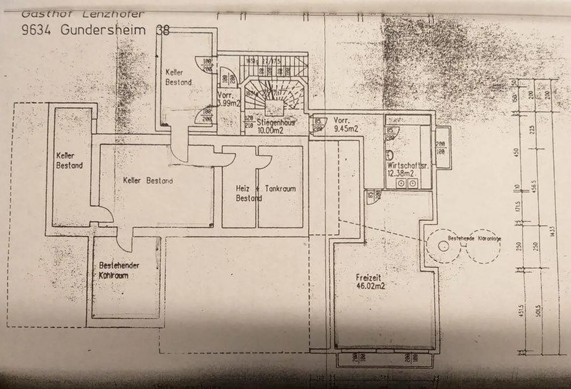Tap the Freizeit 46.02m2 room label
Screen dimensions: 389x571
tap(370, 282)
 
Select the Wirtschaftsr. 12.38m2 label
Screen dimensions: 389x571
tap(407, 170)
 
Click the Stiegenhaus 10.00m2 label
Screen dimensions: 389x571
tap(275, 125)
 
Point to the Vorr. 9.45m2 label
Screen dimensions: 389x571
tap(345, 125)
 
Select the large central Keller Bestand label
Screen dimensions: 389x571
tap(148, 181)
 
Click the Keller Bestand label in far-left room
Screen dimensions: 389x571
tap(69, 160)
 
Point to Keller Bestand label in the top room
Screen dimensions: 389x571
tap(178, 77)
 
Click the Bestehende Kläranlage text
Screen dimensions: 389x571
tap(474, 238)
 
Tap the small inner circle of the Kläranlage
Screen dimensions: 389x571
tap(443, 245)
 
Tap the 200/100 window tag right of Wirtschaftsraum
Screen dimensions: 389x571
tap(441, 148)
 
